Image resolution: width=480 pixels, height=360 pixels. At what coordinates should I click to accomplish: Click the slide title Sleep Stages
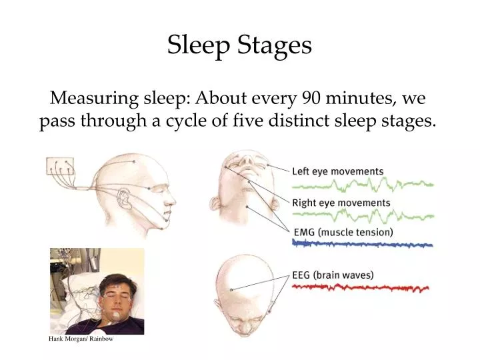click(x=239, y=45)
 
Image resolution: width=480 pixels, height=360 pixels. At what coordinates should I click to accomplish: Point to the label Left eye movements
click(x=337, y=171)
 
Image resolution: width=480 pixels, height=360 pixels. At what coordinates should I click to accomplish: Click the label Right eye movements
click(x=341, y=203)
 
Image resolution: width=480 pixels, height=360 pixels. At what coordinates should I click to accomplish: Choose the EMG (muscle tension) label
click(x=343, y=232)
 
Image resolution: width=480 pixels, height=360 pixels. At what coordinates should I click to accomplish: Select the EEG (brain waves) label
click(x=333, y=274)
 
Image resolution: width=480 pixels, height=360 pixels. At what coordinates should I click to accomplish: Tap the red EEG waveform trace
click(x=360, y=288)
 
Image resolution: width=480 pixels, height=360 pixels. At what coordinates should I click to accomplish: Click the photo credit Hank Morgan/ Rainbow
click(x=81, y=339)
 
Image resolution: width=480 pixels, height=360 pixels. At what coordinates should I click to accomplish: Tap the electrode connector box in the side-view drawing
click(x=59, y=166)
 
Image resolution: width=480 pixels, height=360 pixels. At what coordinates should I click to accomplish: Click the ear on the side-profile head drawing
click(x=124, y=198)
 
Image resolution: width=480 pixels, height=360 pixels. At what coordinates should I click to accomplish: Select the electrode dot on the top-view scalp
click(x=231, y=289)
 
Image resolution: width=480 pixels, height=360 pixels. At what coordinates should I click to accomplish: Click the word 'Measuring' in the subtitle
click(x=90, y=99)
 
